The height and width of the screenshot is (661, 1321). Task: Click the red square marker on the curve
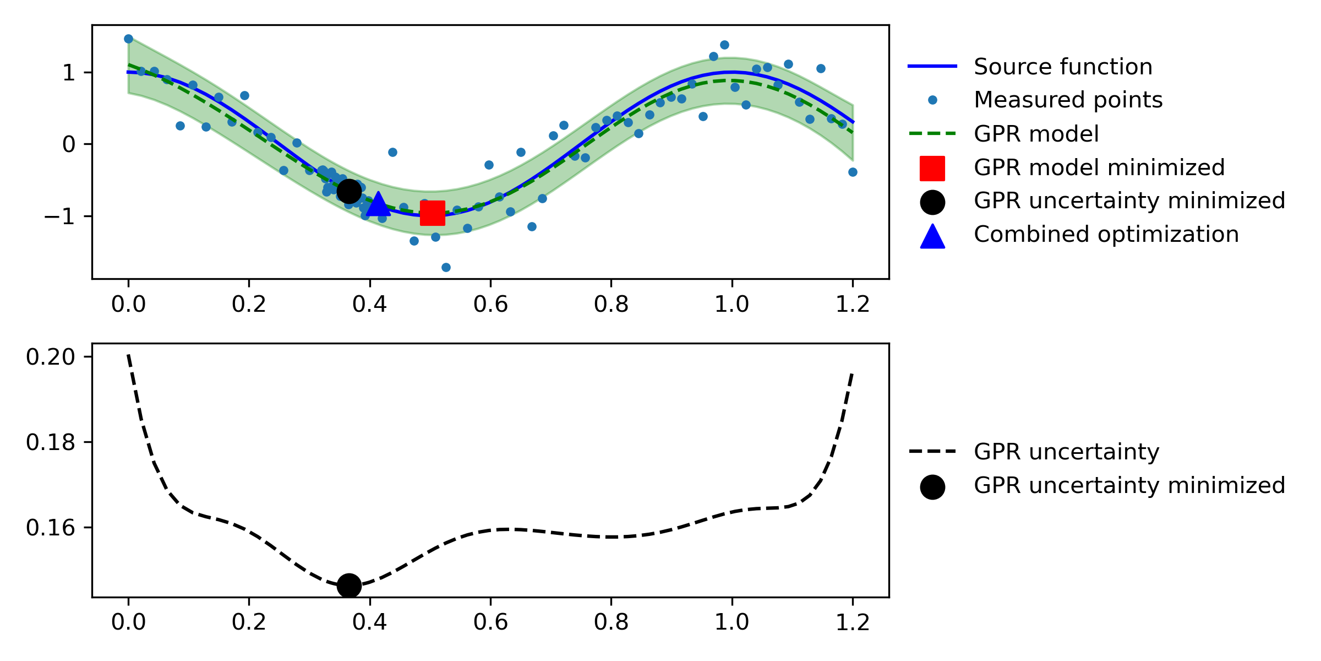pos(432,213)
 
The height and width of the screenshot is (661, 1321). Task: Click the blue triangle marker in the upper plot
pos(378,204)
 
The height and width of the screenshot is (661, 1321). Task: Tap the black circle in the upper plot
pos(348,191)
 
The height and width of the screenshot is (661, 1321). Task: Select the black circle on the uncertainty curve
pos(349,586)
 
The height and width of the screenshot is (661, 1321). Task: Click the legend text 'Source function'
pos(1063,67)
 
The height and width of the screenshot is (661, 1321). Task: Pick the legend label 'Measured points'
pos(1068,100)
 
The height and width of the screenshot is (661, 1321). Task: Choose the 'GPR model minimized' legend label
pos(1099,167)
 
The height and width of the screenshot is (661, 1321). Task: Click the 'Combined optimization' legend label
pos(1106,235)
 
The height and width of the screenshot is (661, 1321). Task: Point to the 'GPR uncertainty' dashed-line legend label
pos(1066,452)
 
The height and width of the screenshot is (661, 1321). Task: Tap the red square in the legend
pos(932,168)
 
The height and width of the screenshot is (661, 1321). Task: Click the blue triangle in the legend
pos(932,236)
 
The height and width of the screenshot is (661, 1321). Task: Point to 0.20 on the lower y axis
pos(51,357)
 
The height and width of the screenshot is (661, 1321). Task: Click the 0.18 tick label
pos(51,442)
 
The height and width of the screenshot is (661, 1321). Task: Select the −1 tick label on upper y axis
pos(59,216)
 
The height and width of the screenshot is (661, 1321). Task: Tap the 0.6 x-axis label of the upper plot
pos(490,304)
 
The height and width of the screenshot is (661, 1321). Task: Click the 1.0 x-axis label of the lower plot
pos(732,622)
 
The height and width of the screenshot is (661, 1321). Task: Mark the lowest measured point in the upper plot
pos(446,268)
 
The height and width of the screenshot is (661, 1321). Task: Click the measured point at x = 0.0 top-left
pos(128,39)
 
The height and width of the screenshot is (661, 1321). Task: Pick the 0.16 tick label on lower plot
pos(51,528)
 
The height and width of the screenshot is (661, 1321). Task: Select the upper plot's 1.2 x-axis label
pos(853,304)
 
